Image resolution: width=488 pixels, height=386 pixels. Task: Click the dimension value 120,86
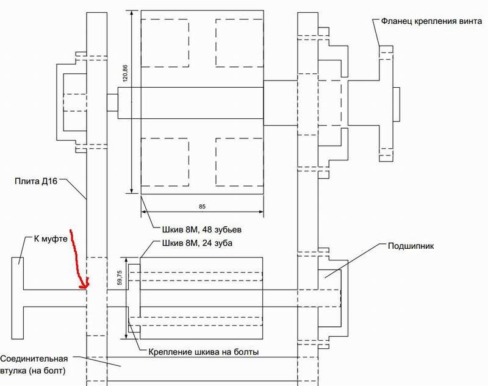[126, 73]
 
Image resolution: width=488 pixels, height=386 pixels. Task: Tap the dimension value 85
[203, 206]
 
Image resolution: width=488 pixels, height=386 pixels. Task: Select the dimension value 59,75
[120, 277]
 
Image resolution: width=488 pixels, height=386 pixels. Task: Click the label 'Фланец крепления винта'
[432, 21]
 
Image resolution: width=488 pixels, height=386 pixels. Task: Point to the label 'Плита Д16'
[36, 181]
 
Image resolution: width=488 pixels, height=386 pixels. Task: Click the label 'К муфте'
[51, 239]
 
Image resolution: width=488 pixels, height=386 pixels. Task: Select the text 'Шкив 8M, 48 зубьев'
[202, 230]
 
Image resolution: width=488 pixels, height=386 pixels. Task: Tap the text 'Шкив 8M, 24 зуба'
[197, 243]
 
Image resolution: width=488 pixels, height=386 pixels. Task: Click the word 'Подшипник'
[411, 246]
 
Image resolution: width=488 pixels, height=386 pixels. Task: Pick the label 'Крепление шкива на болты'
[204, 352]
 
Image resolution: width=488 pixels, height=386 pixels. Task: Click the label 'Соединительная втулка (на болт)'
[34, 365]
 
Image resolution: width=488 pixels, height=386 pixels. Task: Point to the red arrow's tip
[85, 287]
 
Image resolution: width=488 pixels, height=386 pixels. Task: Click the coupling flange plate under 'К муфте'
[18, 298]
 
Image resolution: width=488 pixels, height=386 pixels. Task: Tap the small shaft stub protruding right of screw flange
[396, 104]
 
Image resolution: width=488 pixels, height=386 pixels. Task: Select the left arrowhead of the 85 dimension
[144, 212]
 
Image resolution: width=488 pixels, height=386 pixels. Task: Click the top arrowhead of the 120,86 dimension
[132, 13]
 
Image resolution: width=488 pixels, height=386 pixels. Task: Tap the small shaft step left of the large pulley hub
[112, 102]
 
